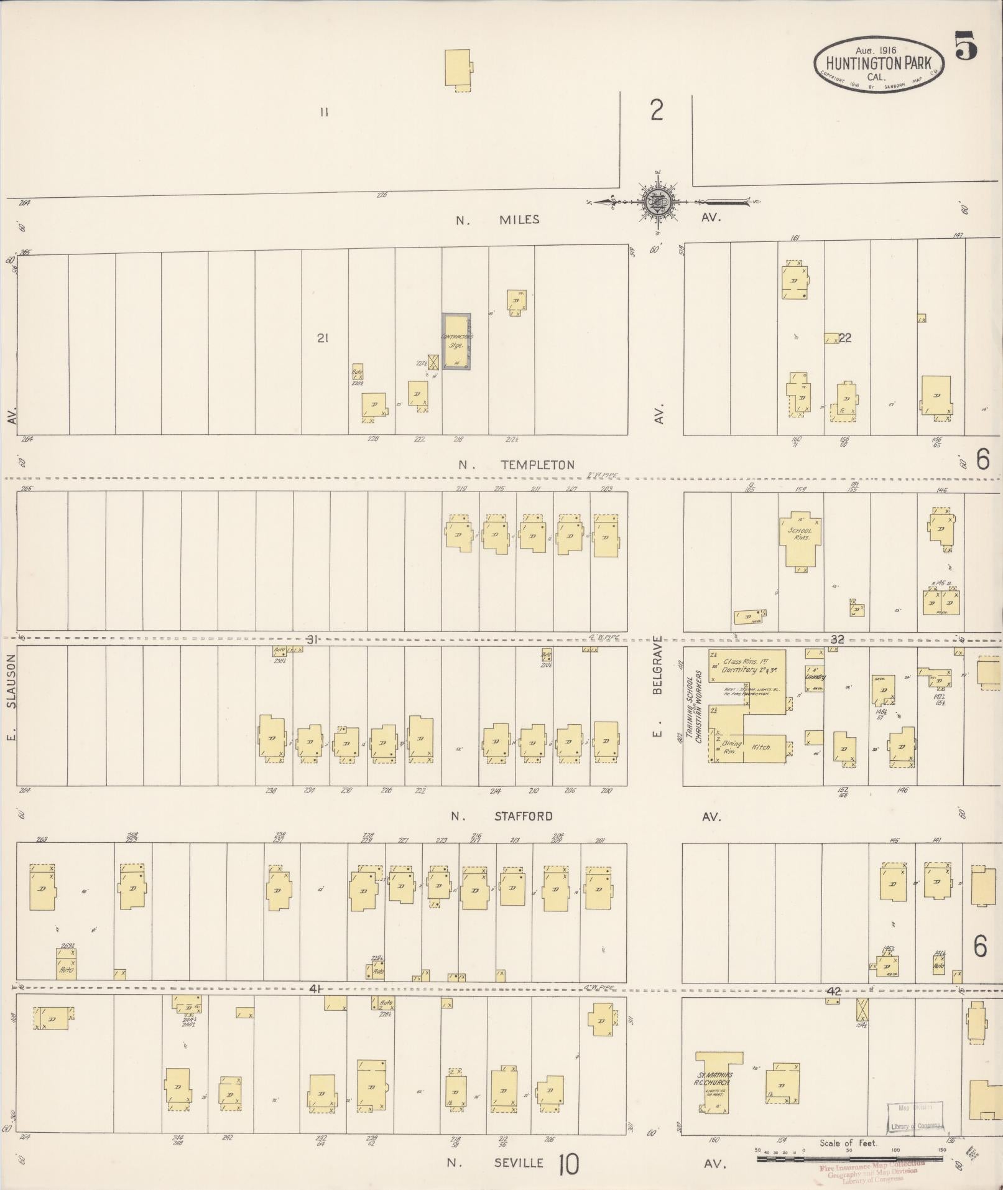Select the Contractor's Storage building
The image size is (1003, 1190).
point(456,342)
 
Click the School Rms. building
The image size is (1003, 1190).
point(800,536)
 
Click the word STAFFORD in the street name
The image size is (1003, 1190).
point(523,816)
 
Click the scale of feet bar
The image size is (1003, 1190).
point(849,1158)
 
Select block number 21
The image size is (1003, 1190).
point(322,338)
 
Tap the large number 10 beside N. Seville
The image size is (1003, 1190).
point(568,1164)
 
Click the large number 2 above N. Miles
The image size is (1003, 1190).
point(657,111)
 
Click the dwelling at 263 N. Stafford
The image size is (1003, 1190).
point(42,886)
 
